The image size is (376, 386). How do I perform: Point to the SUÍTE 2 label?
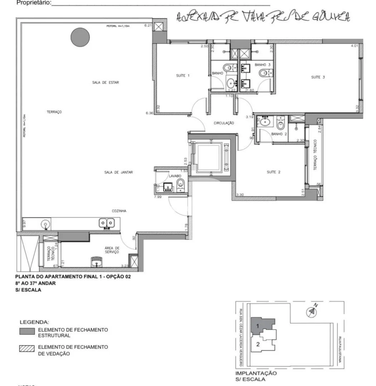[x=274, y=172]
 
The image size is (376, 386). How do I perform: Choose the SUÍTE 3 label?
[x=318, y=77]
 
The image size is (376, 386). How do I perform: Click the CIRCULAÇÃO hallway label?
[x=224, y=123]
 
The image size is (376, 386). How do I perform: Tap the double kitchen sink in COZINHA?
[x=107, y=223]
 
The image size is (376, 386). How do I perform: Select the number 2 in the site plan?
[x=257, y=345]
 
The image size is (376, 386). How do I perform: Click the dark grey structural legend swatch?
[x=27, y=331]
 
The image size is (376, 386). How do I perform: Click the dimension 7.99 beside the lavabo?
[x=157, y=197]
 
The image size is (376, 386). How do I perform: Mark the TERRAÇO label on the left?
[x=54, y=112]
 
